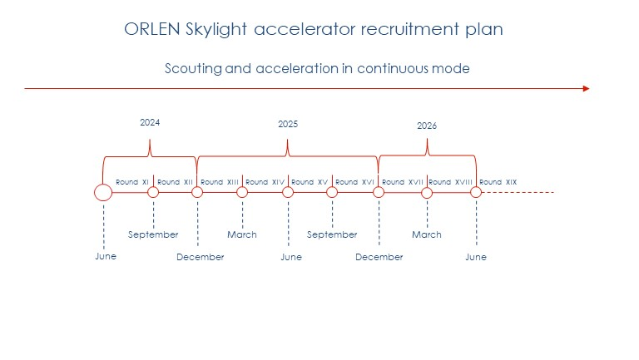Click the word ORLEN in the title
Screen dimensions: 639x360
[x=152, y=29]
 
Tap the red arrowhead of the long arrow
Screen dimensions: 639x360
[x=587, y=88]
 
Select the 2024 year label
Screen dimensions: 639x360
[x=150, y=122]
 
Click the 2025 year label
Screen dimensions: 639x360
[x=288, y=124]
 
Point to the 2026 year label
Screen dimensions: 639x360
[x=427, y=126]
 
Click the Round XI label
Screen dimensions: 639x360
[x=132, y=182]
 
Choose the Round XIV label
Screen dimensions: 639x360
[x=265, y=182]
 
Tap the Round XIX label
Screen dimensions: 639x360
[x=498, y=182]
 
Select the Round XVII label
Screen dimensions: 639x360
[x=403, y=182]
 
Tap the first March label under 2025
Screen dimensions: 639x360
[x=242, y=234]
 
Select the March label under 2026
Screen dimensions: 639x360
[x=427, y=234]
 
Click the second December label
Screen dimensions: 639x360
[x=379, y=257]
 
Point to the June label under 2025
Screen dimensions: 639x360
[x=291, y=257]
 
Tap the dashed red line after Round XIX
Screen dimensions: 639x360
[x=518, y=192]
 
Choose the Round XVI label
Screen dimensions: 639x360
[x=354, y=182]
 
